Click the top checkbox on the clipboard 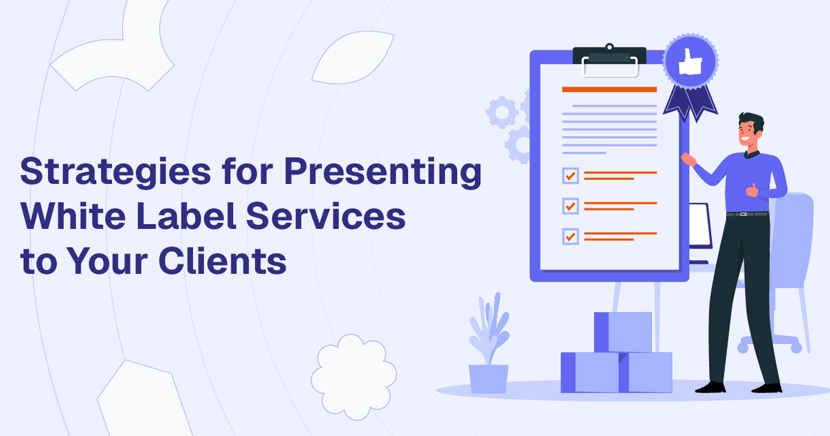coord(570,175)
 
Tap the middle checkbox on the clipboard coord(570,206)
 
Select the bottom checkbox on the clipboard coord(570,236)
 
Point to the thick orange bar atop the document coord(609,89)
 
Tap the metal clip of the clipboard coord(609,61)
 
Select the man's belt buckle coord(744,214)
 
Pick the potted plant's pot coord(488,379)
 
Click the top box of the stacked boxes coord(622,331)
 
